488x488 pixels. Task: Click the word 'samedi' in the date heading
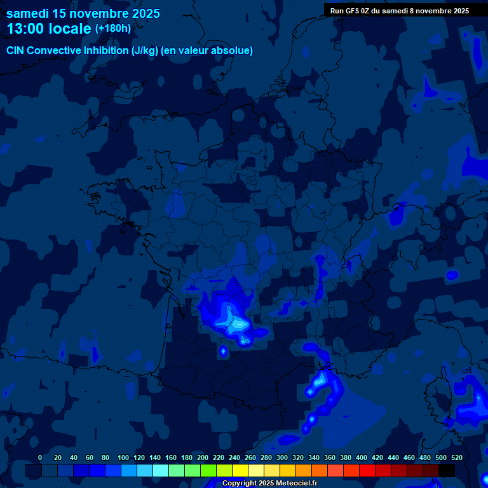pyautogui.click(x=27, y=13)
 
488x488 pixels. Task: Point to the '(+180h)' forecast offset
pyautogui.click(x=112, y=29)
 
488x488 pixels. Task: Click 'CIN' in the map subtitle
pyautogui.click(x=16, y=50)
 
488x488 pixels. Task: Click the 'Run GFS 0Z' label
pyautogui.click(x=353, y=10)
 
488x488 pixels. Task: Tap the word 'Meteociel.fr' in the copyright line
pyautogui.click(x=296, y=484)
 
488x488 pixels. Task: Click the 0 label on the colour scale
pyautogui.click(x=40, y=457)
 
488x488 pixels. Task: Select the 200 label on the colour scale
pyautogui.click(x=203, y=457)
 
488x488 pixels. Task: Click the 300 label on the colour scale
pyautogui.click(x=282, y=457)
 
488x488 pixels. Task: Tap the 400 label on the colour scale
pyautogui.click(x=362, y=457)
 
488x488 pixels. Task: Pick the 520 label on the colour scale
pyautogui.click(x=456, y=457)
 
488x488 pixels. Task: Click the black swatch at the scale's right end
pyautogui.click(x=447, y=470)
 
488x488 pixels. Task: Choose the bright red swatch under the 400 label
pyautogui.click(x=367, y=470)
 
